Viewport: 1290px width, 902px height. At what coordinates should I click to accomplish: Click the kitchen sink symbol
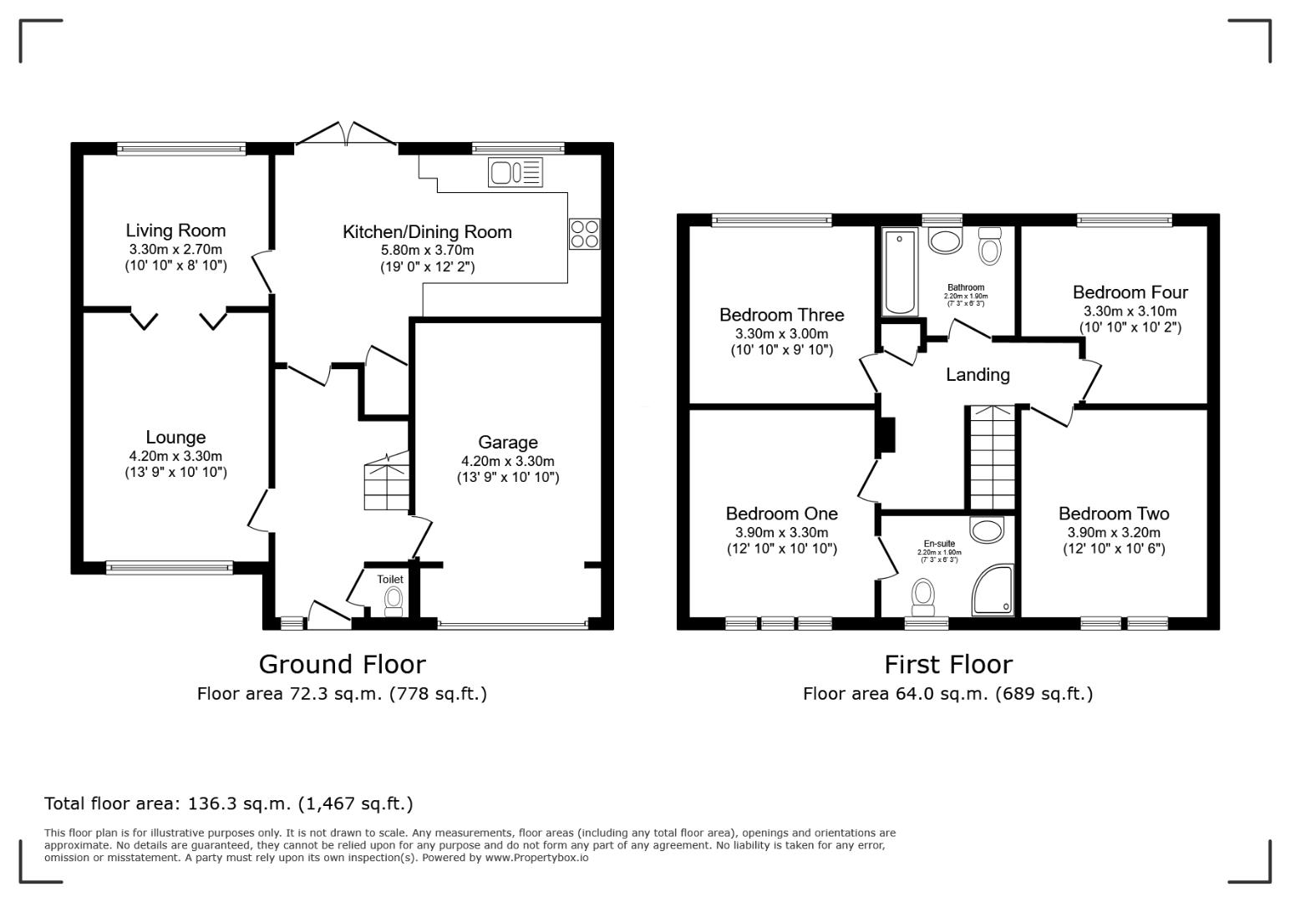pos(515,173)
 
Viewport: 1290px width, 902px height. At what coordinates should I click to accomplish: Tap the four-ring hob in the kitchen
pos(585,233)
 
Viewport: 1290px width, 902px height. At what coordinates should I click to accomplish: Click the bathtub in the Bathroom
pos(900,271)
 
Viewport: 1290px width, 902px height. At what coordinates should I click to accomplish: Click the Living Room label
pos(175,231)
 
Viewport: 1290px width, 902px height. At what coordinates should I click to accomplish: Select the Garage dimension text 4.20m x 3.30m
pos(507,461)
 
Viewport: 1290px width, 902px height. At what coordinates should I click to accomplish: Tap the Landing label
pos(978,375)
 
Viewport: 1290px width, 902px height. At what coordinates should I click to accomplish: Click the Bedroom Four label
pos(1130,292)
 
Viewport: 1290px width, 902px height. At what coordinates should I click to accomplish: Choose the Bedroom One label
pos(781,514)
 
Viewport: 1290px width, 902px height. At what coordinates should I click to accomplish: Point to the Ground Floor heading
pos(342,664)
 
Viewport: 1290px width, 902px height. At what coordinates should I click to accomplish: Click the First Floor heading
pos(948,664)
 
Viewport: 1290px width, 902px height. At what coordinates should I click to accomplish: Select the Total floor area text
pos(228,803)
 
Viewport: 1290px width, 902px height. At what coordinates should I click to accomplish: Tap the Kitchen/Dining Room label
pos(427,231)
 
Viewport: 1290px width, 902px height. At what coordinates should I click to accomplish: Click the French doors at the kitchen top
pos(348,135)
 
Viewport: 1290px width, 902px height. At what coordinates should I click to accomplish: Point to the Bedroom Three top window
pos(772,220)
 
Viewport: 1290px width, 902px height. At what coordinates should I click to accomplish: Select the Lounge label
pos(175,437)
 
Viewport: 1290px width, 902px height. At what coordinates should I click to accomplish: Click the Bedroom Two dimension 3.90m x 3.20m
pos(1114,532)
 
